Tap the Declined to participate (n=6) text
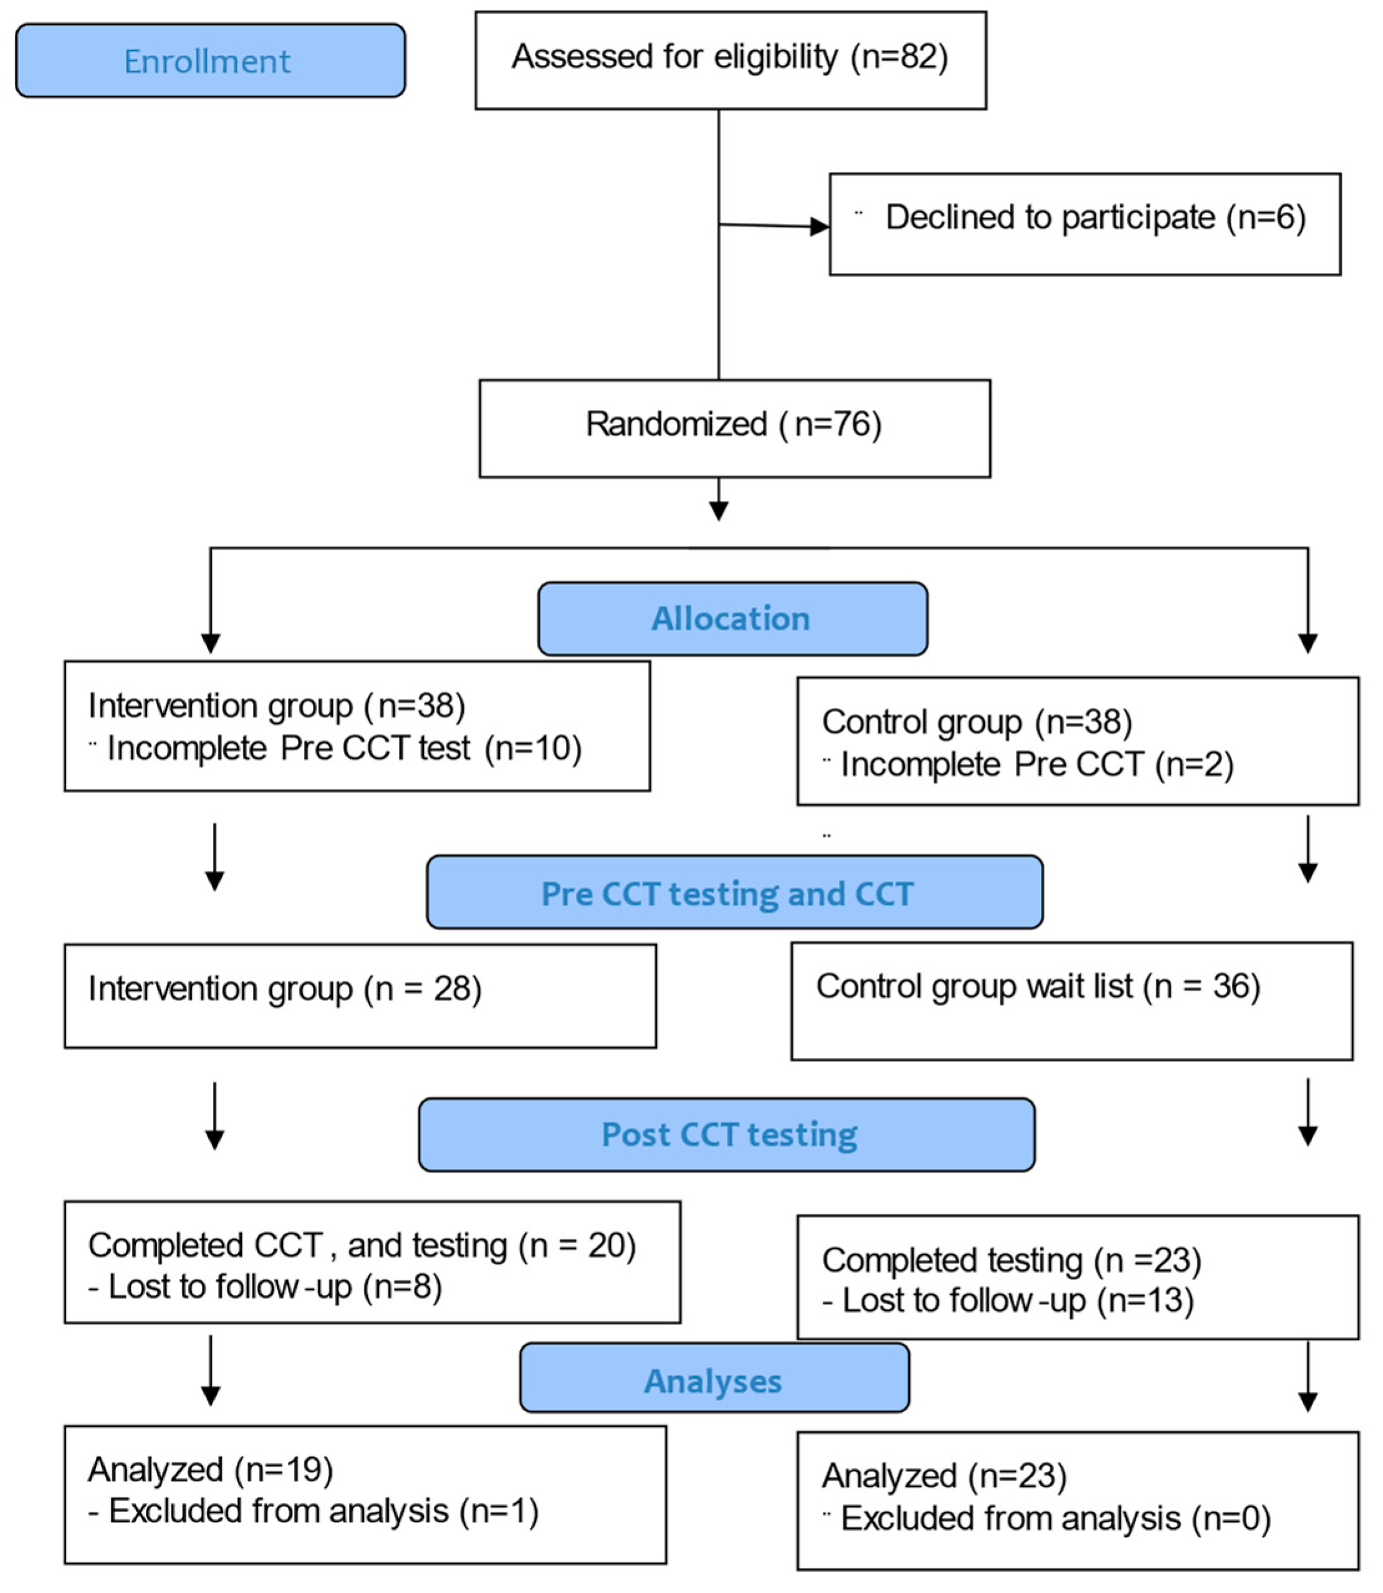[x=1095, y=218]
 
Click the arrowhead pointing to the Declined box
[x=820, y=227]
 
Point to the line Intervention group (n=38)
[x=276, y=706]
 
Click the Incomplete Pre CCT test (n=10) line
[x=343, y=748]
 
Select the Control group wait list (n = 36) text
[x=1038, y=987]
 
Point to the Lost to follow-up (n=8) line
[x=266, y=1286]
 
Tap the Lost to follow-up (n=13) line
[x=1008, y=1301]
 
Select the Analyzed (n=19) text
[x=211, y=1470]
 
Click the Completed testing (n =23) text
[x=1011, y=1260]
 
